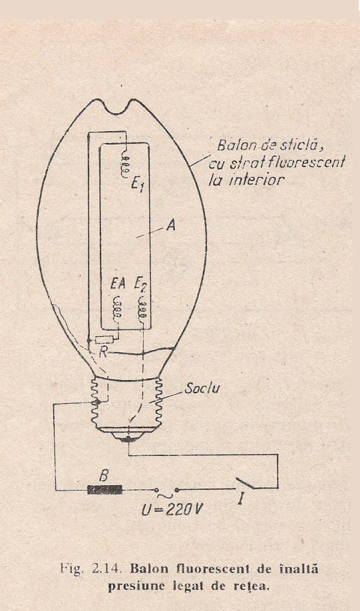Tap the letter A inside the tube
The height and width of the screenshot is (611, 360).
tap(170, 225)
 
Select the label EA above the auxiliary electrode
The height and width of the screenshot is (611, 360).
tap(118, 284)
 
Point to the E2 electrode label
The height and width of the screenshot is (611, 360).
tap(140, 284)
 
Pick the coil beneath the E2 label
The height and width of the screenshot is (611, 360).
tap(143, 309)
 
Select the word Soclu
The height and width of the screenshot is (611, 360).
tap(202, 389)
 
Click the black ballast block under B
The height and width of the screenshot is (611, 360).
tap(104, 490)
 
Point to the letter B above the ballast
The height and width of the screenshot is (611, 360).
tap(104, 476)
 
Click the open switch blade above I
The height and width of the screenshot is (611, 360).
tap(245, 483)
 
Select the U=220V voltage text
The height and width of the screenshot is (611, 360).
tap(172, 510)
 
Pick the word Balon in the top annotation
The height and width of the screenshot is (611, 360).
tap(233, 146)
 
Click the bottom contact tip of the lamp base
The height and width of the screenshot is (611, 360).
tap(128, 440)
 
